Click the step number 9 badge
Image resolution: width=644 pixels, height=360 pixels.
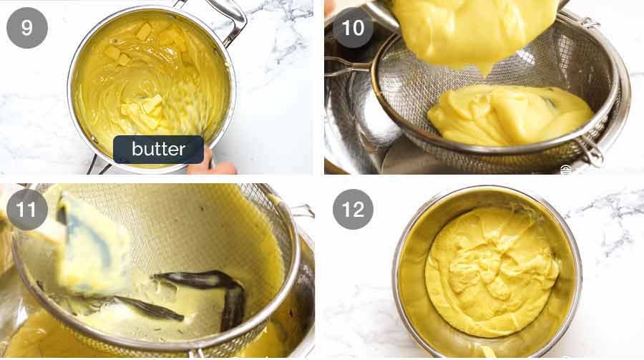coord(27,28)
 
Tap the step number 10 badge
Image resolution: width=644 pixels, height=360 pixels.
coord(353,28)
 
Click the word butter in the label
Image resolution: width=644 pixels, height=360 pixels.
coord(158,150)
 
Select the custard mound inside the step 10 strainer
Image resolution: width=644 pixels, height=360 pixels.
coord(508,115)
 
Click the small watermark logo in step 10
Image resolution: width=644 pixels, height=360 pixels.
coord(565,170)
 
